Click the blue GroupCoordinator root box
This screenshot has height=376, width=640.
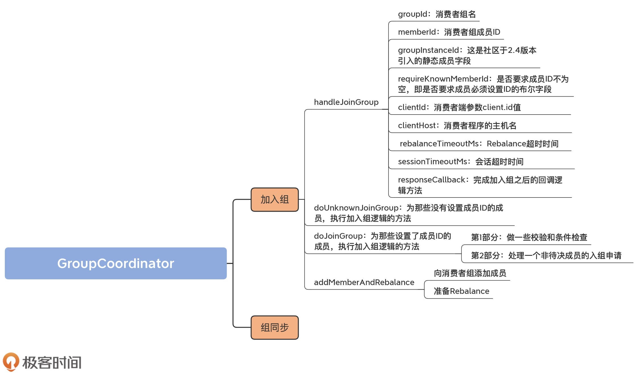point(115,263)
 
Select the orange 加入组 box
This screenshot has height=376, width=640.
point(274,200)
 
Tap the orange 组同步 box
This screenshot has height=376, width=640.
point(274,327)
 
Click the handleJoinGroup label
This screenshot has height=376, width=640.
point(346,102)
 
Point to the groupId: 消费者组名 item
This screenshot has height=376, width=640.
point(437,14)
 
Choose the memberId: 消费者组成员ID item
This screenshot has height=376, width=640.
point(449,32)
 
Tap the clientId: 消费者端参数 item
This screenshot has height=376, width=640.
point(459,107)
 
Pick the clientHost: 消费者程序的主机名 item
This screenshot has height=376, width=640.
point(457,126)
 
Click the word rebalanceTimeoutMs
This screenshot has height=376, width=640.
point(439,144)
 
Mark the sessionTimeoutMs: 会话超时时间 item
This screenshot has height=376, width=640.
point(461,162)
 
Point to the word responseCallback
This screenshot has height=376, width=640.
point(432,180)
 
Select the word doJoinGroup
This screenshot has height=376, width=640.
point(338,236)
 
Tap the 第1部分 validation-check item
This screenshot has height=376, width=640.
point(529,237)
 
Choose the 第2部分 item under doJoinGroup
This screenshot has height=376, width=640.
point(546,255)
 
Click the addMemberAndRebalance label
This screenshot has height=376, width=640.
point(364,282)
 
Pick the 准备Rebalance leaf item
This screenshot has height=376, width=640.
point(461,291)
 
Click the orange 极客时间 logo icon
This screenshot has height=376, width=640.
point(11,362)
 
